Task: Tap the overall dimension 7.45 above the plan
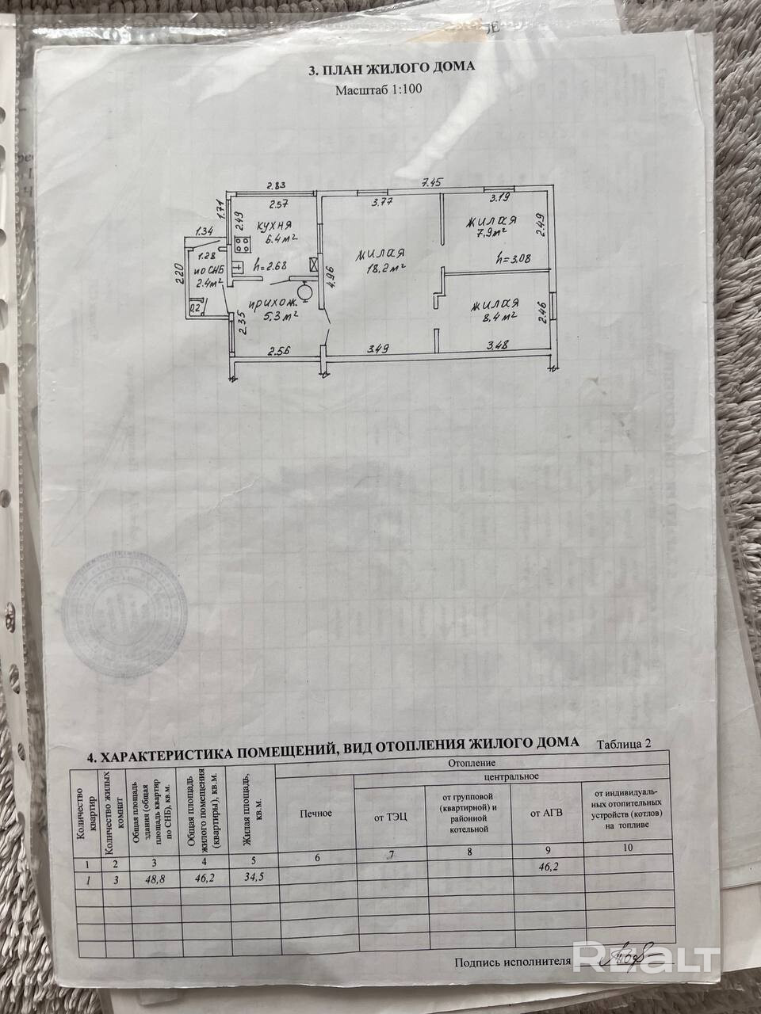431,183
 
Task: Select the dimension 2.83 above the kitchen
275,185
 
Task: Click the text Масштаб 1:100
379,90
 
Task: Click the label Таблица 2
626,743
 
